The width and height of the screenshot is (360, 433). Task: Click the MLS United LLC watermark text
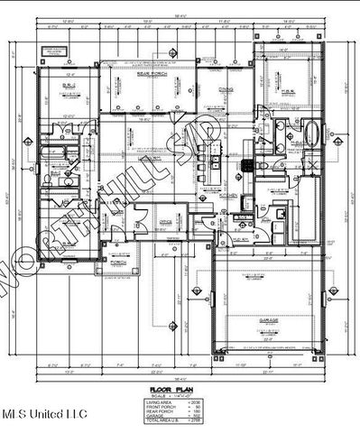point(44,413)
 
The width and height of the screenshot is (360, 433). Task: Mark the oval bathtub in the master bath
point(312,136)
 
